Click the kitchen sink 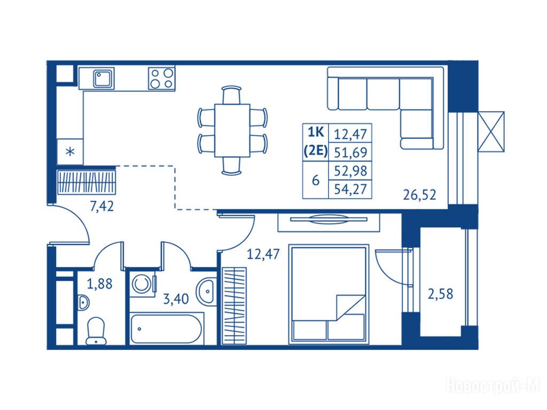pyautogui.click(x=104, y=78)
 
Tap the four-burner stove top pyautogui.click(x=161, y=78)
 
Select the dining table pyautogui.click(x=232, y=130)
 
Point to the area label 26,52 pyautogui.click(x=420, y=194)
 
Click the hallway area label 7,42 pyautogui.click(x=102, y=207)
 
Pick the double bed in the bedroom pyautogui.click(x=329, y=294)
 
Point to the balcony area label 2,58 pyautogui.click(x=440, y=294)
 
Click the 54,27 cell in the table pyautogui.click(x=350, y=189)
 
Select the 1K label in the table pyautogui.click(x=316, y=132)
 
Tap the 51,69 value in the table pyautogui.click(x=350, y=152)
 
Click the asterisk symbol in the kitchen pyautogui.click(x=71, y=152)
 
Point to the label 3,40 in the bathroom pyautogui.click(x=176, y=299)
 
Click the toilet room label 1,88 pyautogui.click(x=100, y=284)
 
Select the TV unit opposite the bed pyautogui.click(x=329, y=223)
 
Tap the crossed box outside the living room pyautogui.click(x=491, y=131)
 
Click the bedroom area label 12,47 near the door pyautogui.click(x=263, y=254)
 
